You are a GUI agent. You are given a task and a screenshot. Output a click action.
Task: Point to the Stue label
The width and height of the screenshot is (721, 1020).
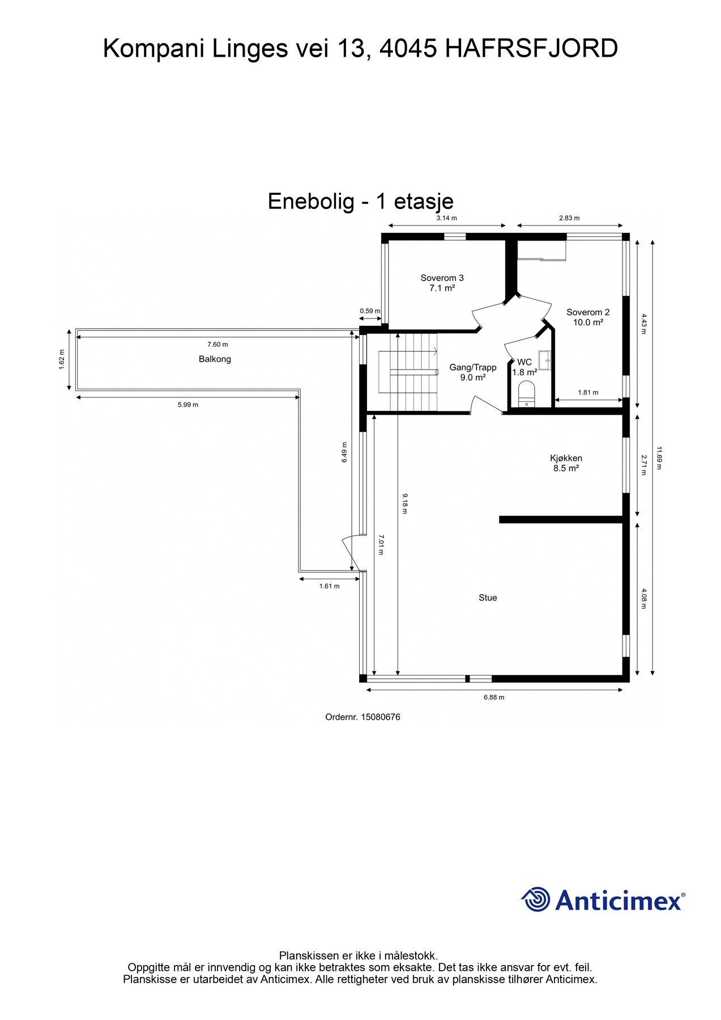[488, 598]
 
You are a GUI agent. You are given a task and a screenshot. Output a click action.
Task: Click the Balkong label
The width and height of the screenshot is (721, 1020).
[215, 359]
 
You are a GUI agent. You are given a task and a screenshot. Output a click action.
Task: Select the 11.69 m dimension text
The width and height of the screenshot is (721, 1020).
[659, 458]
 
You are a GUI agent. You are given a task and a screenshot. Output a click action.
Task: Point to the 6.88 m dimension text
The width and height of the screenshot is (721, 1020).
[494, 698]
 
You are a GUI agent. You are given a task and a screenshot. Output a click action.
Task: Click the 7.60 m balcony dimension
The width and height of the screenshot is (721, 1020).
[217, 345]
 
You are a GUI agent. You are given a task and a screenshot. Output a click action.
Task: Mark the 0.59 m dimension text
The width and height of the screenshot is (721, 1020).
[370, 311]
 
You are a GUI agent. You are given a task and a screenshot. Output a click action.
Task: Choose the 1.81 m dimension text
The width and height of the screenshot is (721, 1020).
[588, 392]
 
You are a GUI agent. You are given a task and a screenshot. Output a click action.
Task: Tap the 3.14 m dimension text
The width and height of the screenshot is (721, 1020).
[446, 218]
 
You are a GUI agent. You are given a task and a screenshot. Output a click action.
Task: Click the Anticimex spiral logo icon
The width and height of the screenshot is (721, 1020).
[536, 899]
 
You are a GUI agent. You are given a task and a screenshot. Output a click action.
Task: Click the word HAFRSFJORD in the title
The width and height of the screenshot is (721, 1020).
[531, 49]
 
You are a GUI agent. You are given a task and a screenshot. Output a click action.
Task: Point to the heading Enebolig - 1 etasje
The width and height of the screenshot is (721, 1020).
[361, 201]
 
